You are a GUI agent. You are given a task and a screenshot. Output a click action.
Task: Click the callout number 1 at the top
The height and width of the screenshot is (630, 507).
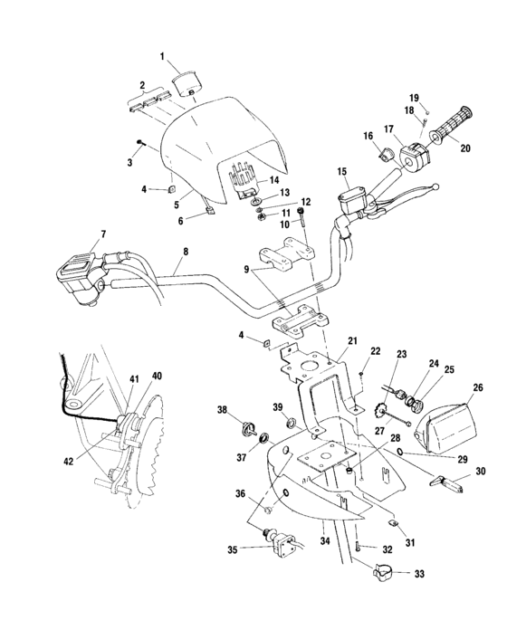pyautogui.click(x=163, y=56)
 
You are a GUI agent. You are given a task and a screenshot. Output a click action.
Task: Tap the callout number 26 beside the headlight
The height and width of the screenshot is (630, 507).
pyautogui.click(x=478, y=387)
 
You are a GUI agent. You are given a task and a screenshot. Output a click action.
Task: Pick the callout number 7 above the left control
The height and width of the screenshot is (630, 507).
pyautogui.click(x=102, y=234)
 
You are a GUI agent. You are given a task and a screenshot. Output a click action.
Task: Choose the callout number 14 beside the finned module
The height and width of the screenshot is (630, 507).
pyautogui.click(x=273, y=179)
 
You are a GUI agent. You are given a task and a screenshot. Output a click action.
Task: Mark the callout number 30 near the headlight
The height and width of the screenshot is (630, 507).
pyautogui.click(x=480, y=472)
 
